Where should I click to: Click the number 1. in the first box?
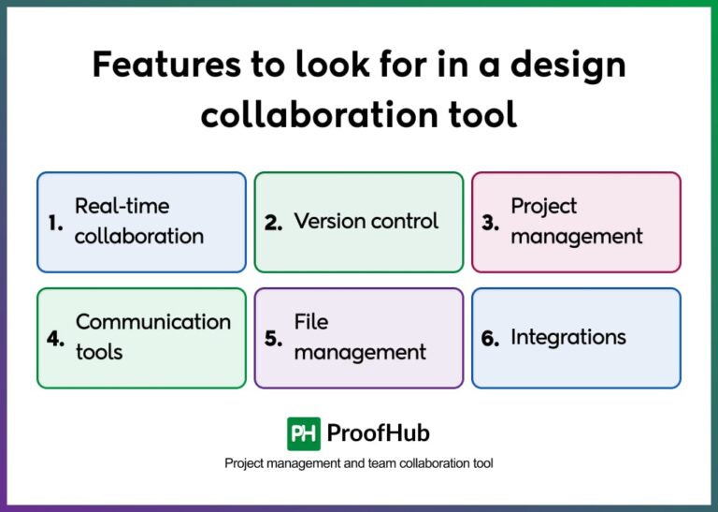pyautogui.click(x=55, y=223)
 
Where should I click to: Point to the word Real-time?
pyautogui.click(x=122, y=206)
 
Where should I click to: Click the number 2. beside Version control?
pyautogui.click(x=274, y=223)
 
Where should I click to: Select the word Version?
pyautogui.click(x=333, y=222)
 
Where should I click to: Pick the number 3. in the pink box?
pyautogui.click(x=491, y=223)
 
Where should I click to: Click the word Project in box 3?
pyautogui.click(x=543, y=207)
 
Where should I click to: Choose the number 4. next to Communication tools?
pyautogui.click(x=55, y=338)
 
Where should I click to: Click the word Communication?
pyautogui.click(x=152, y=322)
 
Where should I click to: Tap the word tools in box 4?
pyautogui.click(x=99, y=353)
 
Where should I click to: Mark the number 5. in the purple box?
pyautogui.click(x=273, y=338)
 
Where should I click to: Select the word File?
pyautogui.click(x=311, y=322)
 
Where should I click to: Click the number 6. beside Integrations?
pyautogui.click(x=491, y=338)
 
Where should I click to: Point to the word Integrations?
pyautogui.click(x=567, y=337)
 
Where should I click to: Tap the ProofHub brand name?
pyautogui.click(x=379, y=433)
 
